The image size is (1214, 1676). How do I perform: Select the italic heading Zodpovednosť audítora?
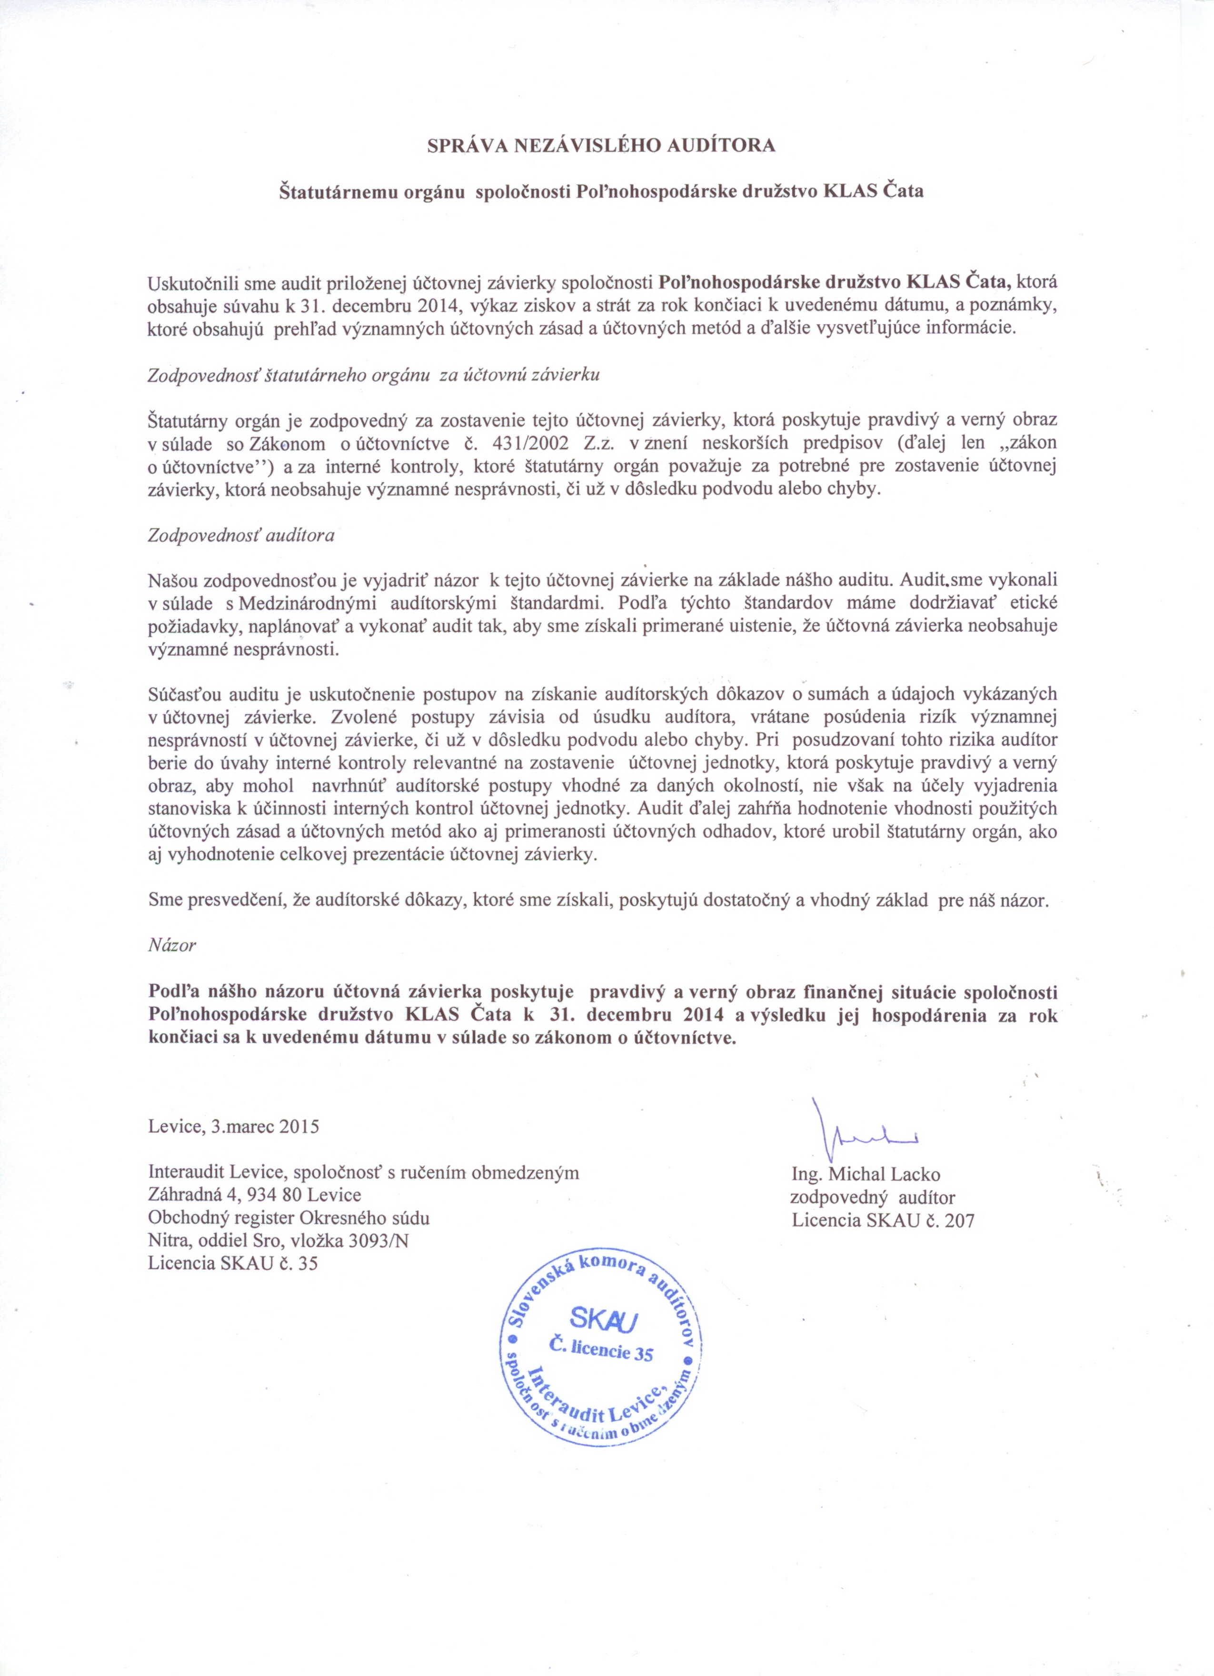pyautogui.click(x=241, y=535)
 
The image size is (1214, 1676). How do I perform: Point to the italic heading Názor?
pyautogui.click(x=171, y=944)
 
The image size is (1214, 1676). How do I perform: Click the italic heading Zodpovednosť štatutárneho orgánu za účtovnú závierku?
pyautogui.click(x=373, y=375)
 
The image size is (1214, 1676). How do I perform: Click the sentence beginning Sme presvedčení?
pyautogui.click(x=598, y=902)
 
